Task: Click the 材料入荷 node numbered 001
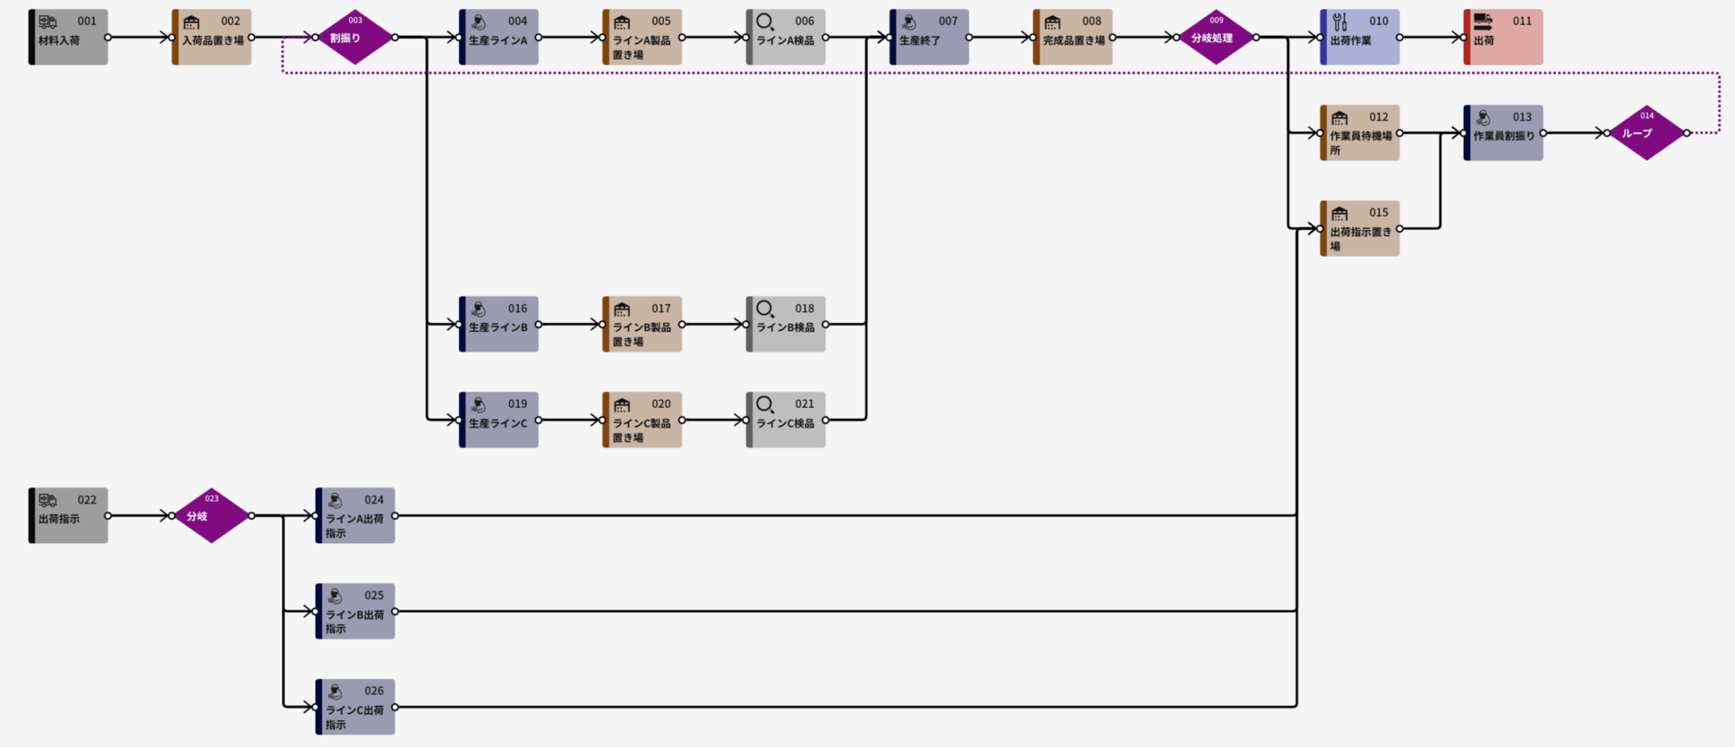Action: tap(68, 37)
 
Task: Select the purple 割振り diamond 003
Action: tap(355, 37)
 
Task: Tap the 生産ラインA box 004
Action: tap(499, 37)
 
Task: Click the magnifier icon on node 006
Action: tap(764, 22)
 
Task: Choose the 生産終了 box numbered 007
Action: tap(929, 37)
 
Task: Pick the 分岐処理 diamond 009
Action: tap(1216, 37)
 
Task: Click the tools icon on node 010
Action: tap(1339, 22)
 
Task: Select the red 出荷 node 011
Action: tap(1503, 37)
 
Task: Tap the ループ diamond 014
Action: tap(1646, 133)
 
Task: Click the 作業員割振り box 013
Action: tap(1503, 133)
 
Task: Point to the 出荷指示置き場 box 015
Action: tap(1360, 228)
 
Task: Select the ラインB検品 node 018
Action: tap(786, 324)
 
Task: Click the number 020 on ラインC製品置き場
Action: tap(661, 404)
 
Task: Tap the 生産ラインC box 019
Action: tap(499, 420)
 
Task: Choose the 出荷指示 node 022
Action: tap(68, 515)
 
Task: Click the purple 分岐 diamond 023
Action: tap(211, 515)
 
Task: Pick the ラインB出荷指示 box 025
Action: tap(355, 611)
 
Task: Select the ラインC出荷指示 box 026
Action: tap(355, 706)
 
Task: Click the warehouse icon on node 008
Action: tap(1052, 23)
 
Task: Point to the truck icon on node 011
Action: tap(1483, 22)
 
